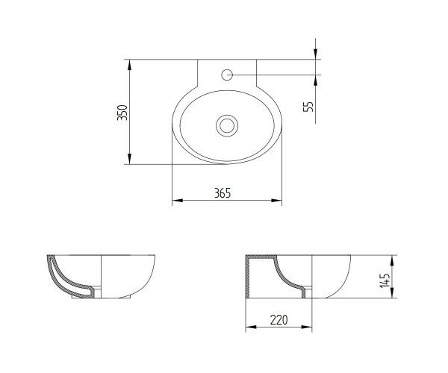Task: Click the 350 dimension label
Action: pyautogui.click(x=122, y=113)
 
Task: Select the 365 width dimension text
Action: pyautogui.click(x=223, y=193)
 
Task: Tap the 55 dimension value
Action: pyautogui.click(x=308, y=107)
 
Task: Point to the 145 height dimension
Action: pyautogui.click(x=385, y=280)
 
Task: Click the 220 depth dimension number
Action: pyautogui.click(x=279, y=320)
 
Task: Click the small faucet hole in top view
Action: pyautogui.click(x=227, y=75)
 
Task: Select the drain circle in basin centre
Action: pyautogui.click(x=227, y=126)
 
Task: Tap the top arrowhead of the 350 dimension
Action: pyautogui.click(x=129, y=64)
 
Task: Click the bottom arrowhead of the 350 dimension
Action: pyautogui.click(x=129, y=159)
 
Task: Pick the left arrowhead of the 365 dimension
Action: pyautogui.click(x=178, y=201)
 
